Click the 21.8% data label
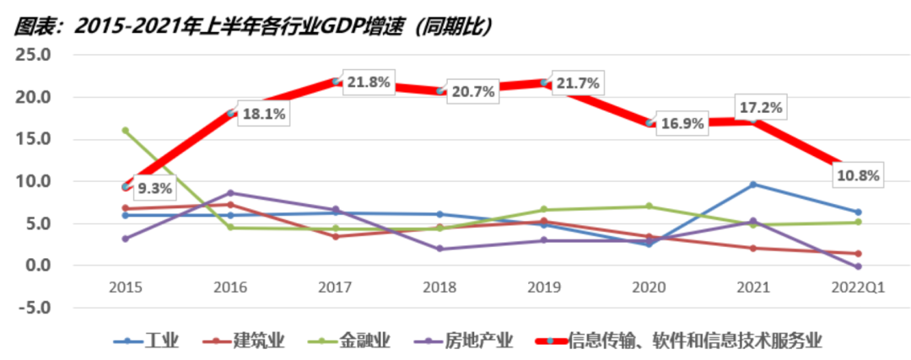tap(367, 83)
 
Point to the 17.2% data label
tap(762, 107)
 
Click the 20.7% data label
tap(471, 92)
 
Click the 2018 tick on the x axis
tap(439, 287)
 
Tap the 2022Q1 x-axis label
tap(857, 287)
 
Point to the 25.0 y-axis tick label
tap(35, 56)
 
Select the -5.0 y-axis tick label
tap(35, 308)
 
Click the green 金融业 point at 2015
tap(126, 131)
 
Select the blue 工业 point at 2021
tap(752, 185)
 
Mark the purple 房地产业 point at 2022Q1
tap(857, 266)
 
